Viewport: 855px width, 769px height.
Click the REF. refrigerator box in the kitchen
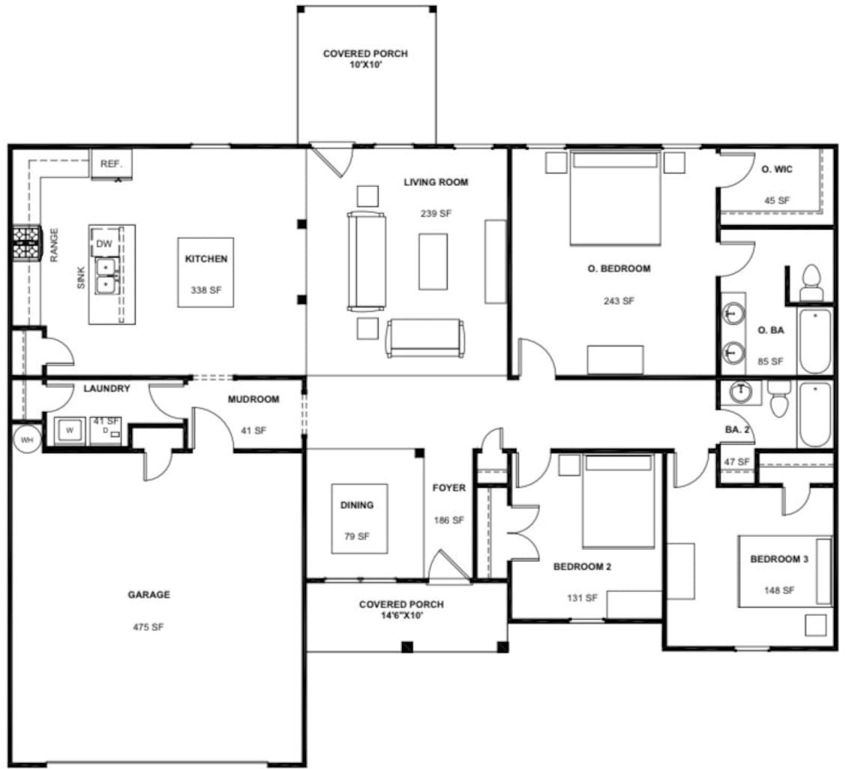pyautogui.click(x=111, y=164)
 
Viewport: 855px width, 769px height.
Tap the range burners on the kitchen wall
pyautogui.click(x=25, y=243)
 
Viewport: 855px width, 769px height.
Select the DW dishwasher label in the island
pyautogui.click(x=104, y=243)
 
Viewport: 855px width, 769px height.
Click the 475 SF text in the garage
pyautogui.click(x=148, y=627)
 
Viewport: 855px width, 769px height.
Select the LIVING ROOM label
pyautogui.click(x=436, y=182)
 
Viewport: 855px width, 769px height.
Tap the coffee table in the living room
pyautogui.click(x=433, y=261)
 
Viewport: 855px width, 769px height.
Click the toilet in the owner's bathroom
pyautogui.click(x=810, y=282)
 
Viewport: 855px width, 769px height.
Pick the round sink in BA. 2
pyautogui.click(x=742, y=391)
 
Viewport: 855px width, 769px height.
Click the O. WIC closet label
pyautogui.click(x=776, y=170)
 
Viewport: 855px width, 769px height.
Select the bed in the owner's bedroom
pyautogui.click(x=615, y=197)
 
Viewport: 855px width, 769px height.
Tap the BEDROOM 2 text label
pyautogui.click(x=582, y=566)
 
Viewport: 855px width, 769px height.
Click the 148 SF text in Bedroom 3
pyautogui.click(x=778, y=590)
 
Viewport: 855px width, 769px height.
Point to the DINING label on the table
pyautogui.click(x=357, y=505)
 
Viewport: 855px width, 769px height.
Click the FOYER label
pyautogui.click(x=448, y=488)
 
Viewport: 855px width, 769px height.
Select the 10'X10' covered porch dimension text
pyautogui.click(x=365, y=65)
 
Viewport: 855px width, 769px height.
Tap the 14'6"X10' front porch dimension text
pyautogui.click(x=401, y=615)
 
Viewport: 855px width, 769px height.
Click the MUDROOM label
pyautogui.click(x=253, y=399)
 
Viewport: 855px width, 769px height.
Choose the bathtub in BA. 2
pyautogui.click(x=814, y=414)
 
